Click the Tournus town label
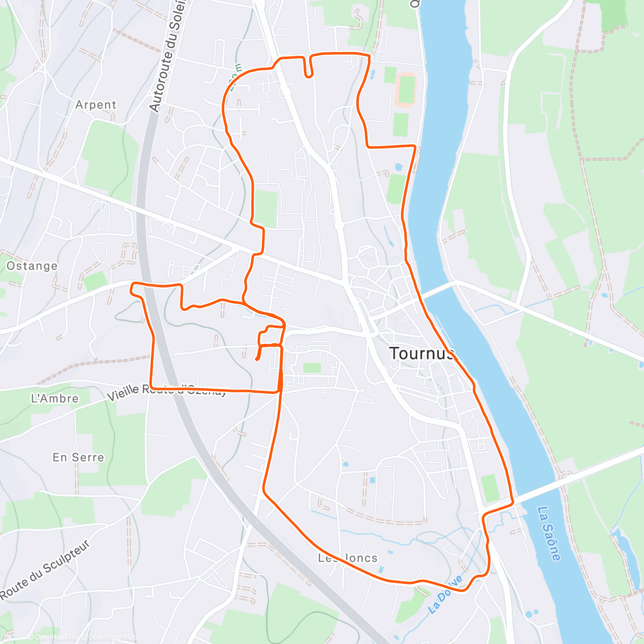tap(422, 353)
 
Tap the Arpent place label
tap(96, 105)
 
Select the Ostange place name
tap(32, 266)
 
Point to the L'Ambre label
tap(55, 398)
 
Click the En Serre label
tap(78, 457)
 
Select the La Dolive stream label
tap(446, 595)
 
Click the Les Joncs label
tap(348, 558)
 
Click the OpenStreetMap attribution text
tap(113, 637)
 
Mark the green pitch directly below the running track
tap(400, 125)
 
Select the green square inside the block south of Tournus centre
tap(311, 368)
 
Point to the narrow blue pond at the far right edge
tap(640, 365)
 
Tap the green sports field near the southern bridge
tap(490, 488)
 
